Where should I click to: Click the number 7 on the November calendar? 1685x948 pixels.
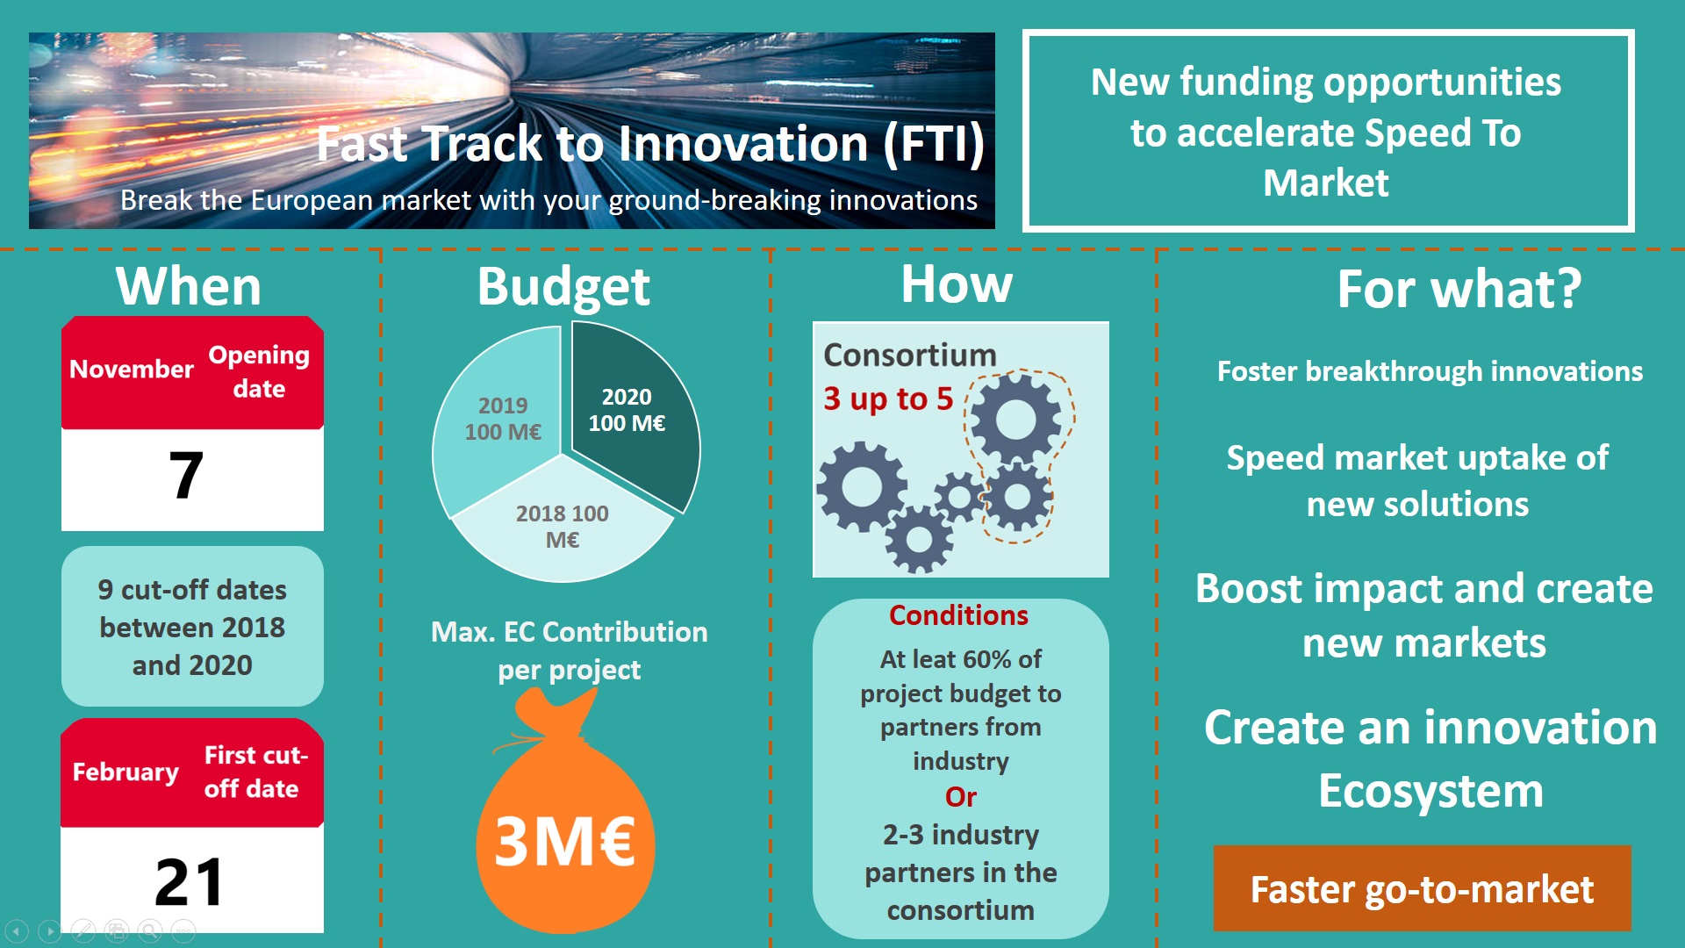(x=186, y=476)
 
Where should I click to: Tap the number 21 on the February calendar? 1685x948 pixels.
(x=189, y=881)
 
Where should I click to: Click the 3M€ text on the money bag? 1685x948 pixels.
(x=565, y=842)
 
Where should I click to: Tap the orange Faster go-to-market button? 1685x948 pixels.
(x=1422, y=888)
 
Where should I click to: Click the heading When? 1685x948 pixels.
(x=189, y=286)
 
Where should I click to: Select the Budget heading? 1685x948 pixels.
(x=563, y=287)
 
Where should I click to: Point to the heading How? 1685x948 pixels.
(x=957, y=284)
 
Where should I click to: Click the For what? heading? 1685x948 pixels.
(x=1459, y=289)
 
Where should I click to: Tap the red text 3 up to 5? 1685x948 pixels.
(x=888, y=399)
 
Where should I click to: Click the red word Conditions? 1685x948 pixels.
(x=958, y=615)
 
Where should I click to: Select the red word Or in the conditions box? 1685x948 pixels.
(x=961, y=797)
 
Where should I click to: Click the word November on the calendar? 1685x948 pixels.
(x=132, y=370)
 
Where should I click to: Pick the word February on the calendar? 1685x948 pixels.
(x=125, y=772)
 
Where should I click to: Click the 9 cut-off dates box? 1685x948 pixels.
(x=192, y=627)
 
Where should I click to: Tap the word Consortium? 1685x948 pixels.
(x=910, y=355)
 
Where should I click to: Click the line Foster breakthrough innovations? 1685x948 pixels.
(x=1430, y=371)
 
